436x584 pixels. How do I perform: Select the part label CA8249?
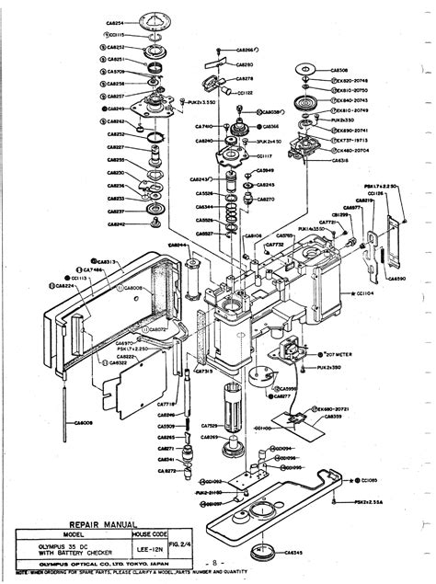pyautogui.click(x=114, y=109)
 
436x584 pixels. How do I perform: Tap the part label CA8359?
pyautogui.click(x=331, y=416)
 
